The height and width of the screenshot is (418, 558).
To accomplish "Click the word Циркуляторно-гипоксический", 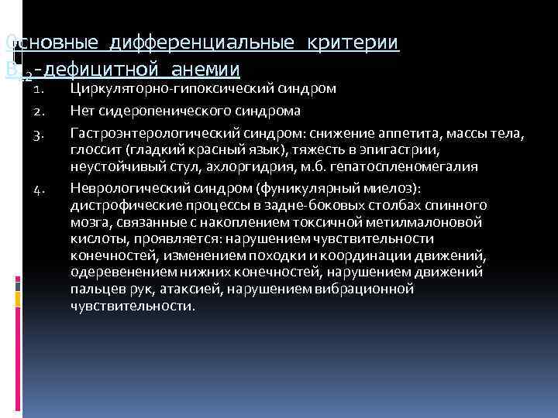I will [159, 88].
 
